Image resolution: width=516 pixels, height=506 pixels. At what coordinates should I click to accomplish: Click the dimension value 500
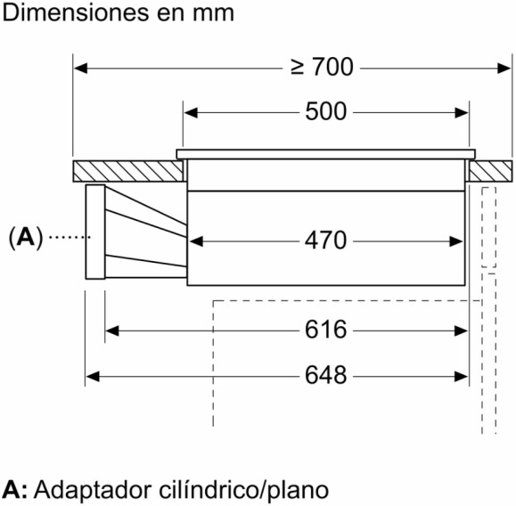(326, 111)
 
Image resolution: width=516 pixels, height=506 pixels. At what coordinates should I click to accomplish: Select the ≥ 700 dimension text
(322, 67)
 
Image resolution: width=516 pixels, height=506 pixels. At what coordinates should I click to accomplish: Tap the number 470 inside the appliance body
(325, 241)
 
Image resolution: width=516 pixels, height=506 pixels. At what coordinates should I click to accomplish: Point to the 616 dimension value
(325, 330)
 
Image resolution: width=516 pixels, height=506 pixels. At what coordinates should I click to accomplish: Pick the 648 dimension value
(325, 375)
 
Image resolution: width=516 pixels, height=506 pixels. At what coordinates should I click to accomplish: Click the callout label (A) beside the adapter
(26, 238)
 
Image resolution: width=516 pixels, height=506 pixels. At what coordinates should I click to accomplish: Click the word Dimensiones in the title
(75, 13)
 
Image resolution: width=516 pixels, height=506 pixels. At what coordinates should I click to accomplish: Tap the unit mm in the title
(214, 14)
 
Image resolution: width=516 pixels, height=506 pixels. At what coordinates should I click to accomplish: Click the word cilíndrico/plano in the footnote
(244, 490)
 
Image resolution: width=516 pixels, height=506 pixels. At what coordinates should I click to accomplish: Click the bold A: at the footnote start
(15, 490)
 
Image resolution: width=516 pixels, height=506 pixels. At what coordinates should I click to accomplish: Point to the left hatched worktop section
(128, 171)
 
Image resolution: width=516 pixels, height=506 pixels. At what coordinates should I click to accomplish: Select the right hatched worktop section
(491, 171)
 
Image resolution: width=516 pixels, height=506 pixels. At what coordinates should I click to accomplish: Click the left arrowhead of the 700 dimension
(80, 69)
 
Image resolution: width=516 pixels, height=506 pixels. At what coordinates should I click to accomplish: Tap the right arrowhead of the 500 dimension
(462, 113)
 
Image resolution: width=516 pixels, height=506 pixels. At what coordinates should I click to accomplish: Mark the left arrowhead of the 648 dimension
(93, 376)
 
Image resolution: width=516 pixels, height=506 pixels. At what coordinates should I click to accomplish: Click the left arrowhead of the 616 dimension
(112, 331)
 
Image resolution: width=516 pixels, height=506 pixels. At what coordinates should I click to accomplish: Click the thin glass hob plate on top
(326, 154)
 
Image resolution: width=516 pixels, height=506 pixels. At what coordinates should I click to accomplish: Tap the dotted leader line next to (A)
(70, 237)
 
